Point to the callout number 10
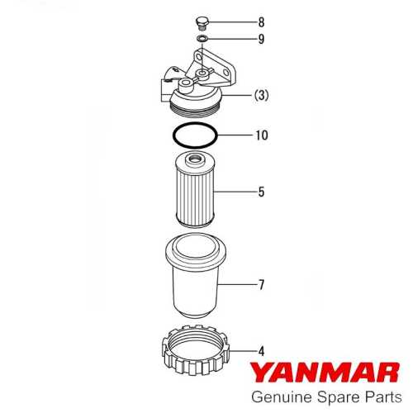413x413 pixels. point(263,135)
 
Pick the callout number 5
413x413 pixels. point(261,192)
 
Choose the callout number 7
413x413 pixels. point(261,285)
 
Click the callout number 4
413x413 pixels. point(261,350)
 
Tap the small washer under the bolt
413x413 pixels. point(201,38)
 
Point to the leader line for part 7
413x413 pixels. point(240,285)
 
